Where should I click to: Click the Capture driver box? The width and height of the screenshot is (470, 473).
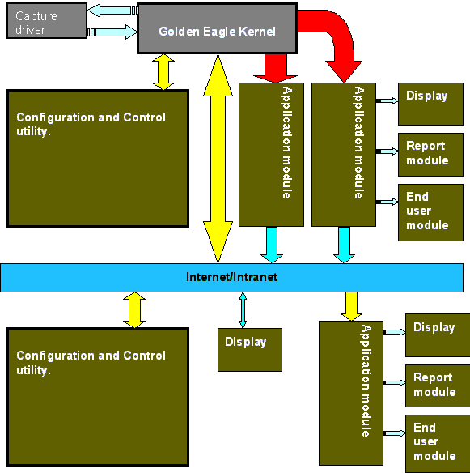tap(47, 21)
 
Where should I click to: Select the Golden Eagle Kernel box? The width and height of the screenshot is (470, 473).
tap(218, 28)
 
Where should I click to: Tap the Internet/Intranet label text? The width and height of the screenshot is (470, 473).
tap(231, 277)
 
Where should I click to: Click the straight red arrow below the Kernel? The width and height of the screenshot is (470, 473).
tap(275, 68)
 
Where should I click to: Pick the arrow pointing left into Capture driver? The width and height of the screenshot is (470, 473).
tap(112, 11)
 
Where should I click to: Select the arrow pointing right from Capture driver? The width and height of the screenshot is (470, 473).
tap(112, 32)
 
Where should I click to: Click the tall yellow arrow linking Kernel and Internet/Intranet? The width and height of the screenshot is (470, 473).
tap(218, 159)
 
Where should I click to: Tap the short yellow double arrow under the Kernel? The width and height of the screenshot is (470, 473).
tap(163, 72)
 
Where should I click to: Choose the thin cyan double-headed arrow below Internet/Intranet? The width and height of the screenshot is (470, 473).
tap(243, 310)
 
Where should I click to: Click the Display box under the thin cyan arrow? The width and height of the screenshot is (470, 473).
tap(250, 350)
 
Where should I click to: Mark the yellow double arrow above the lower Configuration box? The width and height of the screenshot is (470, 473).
tap(134, 310)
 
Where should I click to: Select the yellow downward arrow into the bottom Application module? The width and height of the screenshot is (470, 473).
tap(351, 306)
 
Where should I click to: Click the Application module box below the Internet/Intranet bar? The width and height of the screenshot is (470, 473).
tap(351, 393)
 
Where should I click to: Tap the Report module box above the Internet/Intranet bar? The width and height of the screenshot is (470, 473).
tap(430, 155)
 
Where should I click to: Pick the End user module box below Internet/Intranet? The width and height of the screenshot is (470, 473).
tap(438, 444)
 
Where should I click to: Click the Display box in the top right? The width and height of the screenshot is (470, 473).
tap(430, 104)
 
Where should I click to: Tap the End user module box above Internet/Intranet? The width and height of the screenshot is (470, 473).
tap(430, 213)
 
